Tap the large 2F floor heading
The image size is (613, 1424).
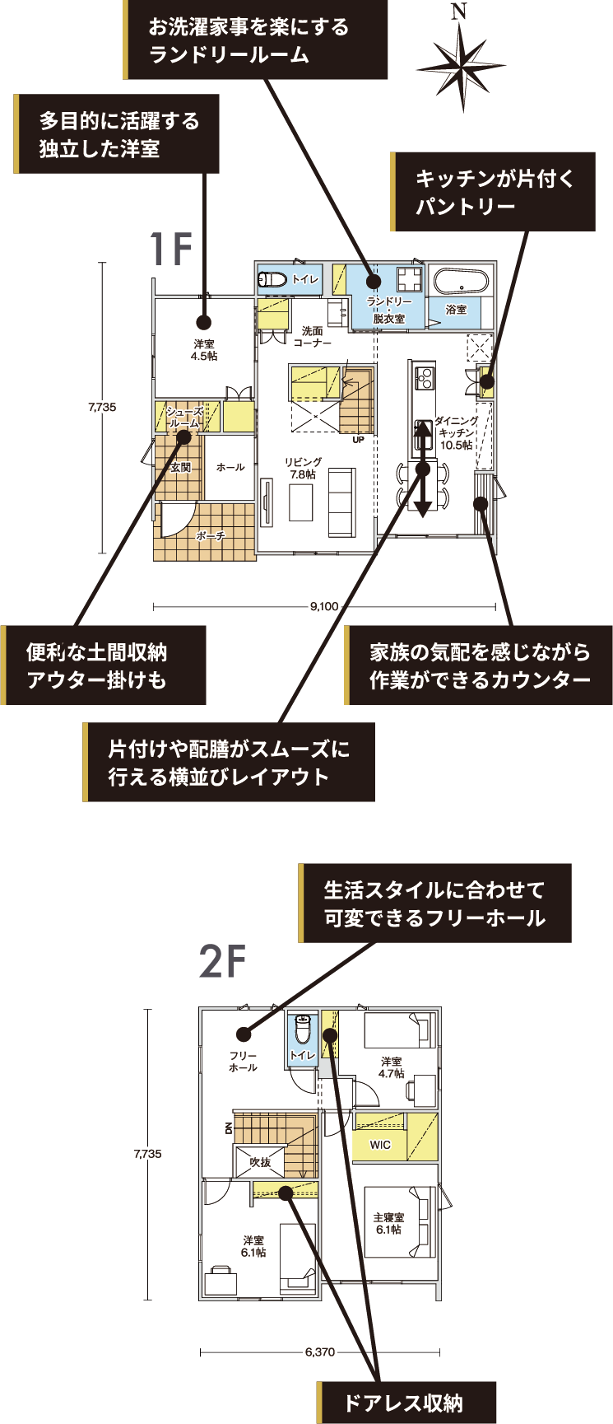tap(223, 961)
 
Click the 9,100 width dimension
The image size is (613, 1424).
tap(324, 607)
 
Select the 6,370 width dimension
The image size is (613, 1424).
tap(319, 1352)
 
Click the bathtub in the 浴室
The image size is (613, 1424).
tap(461, 282)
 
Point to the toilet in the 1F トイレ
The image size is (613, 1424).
tap(272, 279)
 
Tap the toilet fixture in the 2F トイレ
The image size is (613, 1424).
tap(302, 1029)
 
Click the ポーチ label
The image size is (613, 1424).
tap(211, 536)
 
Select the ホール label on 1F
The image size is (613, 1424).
tap(230, 467)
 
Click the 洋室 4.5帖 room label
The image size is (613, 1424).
tap(204, 350)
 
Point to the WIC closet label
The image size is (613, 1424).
tap(380, 1145)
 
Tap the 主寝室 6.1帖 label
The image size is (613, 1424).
tap(388, 1223)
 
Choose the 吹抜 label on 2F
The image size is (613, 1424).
tap(260, 1162)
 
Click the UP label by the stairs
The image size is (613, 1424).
tap(358, 440)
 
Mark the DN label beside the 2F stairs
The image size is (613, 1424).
tap(228, 1128)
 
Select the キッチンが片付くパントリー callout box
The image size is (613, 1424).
tap(493, 191)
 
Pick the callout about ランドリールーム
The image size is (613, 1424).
tap(255, 40)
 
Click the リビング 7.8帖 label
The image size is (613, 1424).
tap(304, 469)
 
